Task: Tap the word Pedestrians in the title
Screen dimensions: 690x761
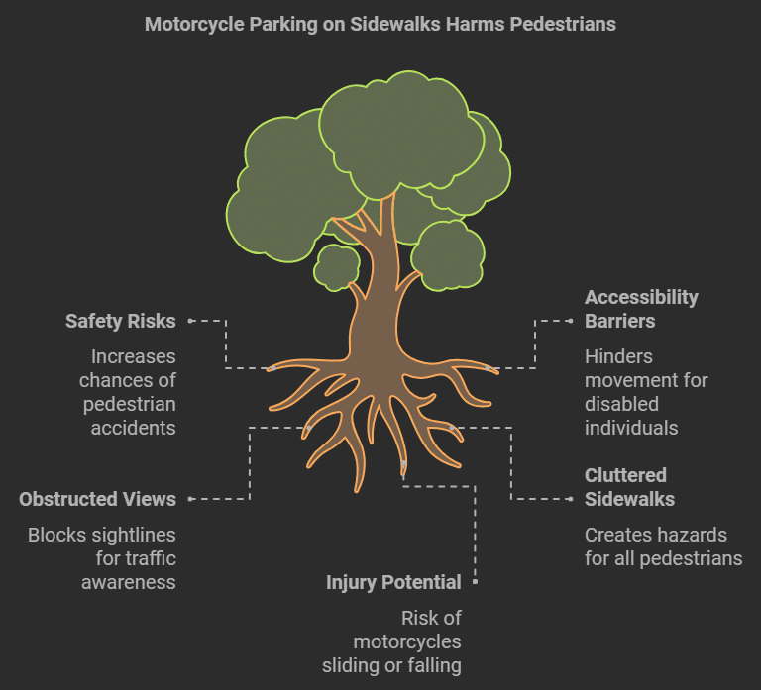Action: [x=560, y=24]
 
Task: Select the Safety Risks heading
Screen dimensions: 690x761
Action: [x=120, y=321]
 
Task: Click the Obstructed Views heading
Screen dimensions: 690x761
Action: [x=97, y=499]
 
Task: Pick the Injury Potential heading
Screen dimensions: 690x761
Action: [x=393, y=582]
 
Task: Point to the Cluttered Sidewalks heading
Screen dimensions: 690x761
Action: [x=625, y=487]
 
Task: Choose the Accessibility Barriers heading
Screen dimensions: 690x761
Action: [x=641, y=309]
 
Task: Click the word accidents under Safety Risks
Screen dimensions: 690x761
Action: [x=133, y=428]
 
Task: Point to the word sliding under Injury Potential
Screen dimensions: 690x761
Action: [x=380, y=665]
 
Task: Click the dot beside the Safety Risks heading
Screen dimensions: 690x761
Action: [x=190, y=321]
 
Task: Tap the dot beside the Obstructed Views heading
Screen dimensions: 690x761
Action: [x=190, y=499]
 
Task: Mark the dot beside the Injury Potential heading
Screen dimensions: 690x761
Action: [x=476, y=582]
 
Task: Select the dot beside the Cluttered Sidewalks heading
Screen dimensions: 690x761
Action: [x=571, y=499]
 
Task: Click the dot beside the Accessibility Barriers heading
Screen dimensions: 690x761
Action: [x=571, y=321]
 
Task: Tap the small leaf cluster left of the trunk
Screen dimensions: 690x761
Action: [x=337, y=266]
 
